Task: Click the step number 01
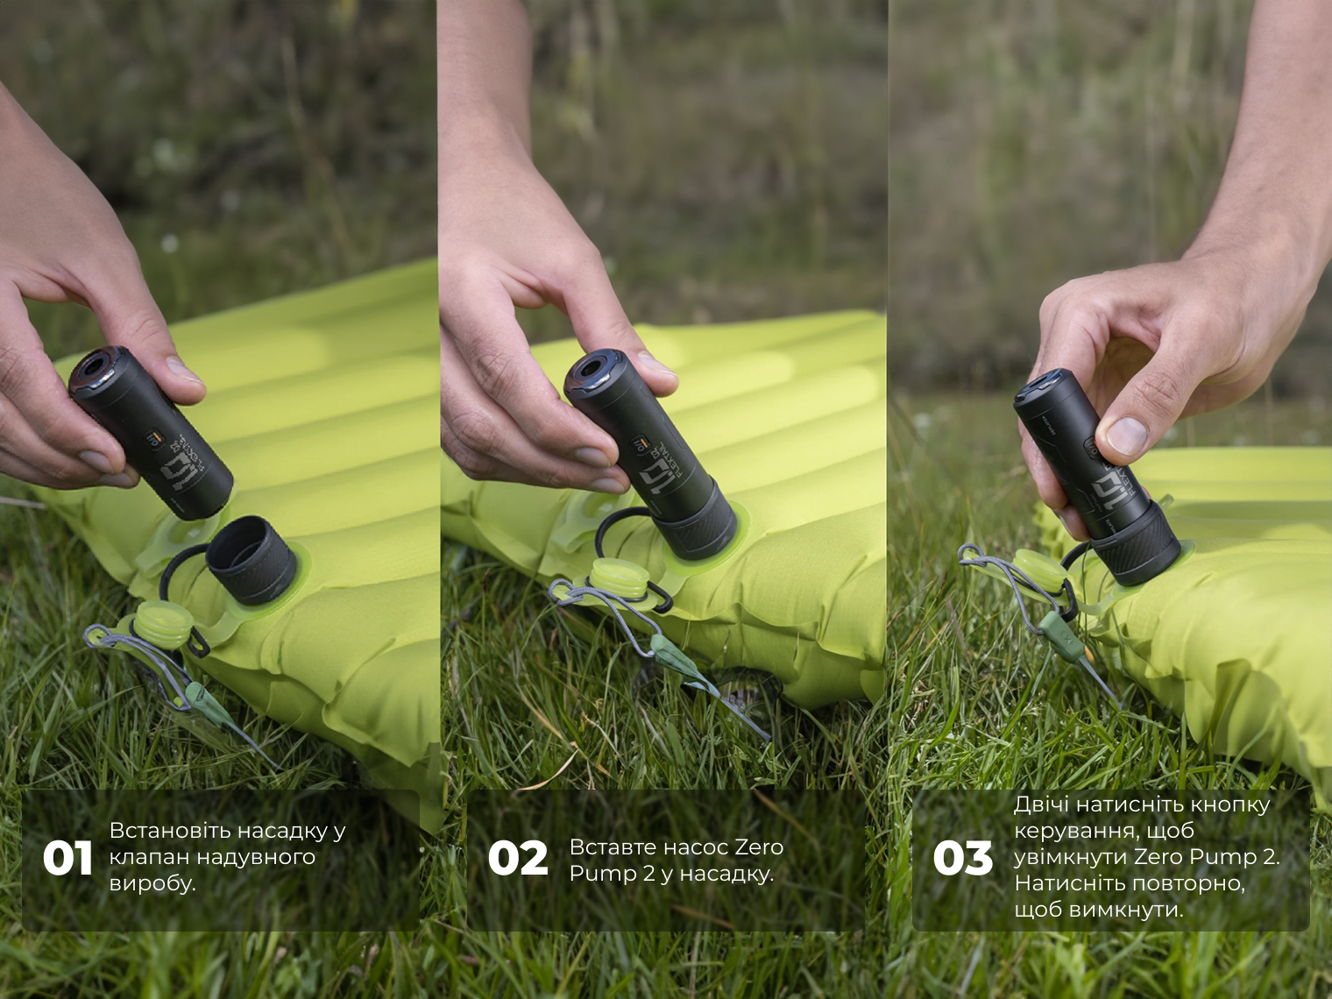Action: click(67, 858)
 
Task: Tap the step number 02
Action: click(518, 858)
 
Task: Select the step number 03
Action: click(962, 858)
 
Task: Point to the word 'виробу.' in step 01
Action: click(152, 883)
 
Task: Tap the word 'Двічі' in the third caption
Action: click(1042, 805)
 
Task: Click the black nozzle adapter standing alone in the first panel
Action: click(252, 561)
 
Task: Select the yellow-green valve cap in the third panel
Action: click(1040, 571)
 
